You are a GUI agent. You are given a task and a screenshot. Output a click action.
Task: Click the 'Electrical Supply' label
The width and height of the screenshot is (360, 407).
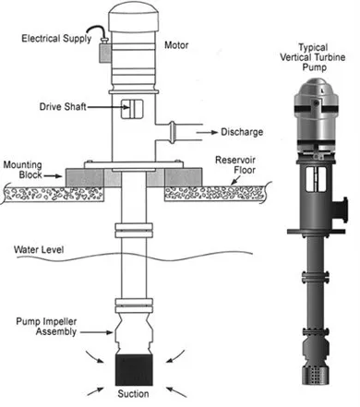[57, 38]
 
